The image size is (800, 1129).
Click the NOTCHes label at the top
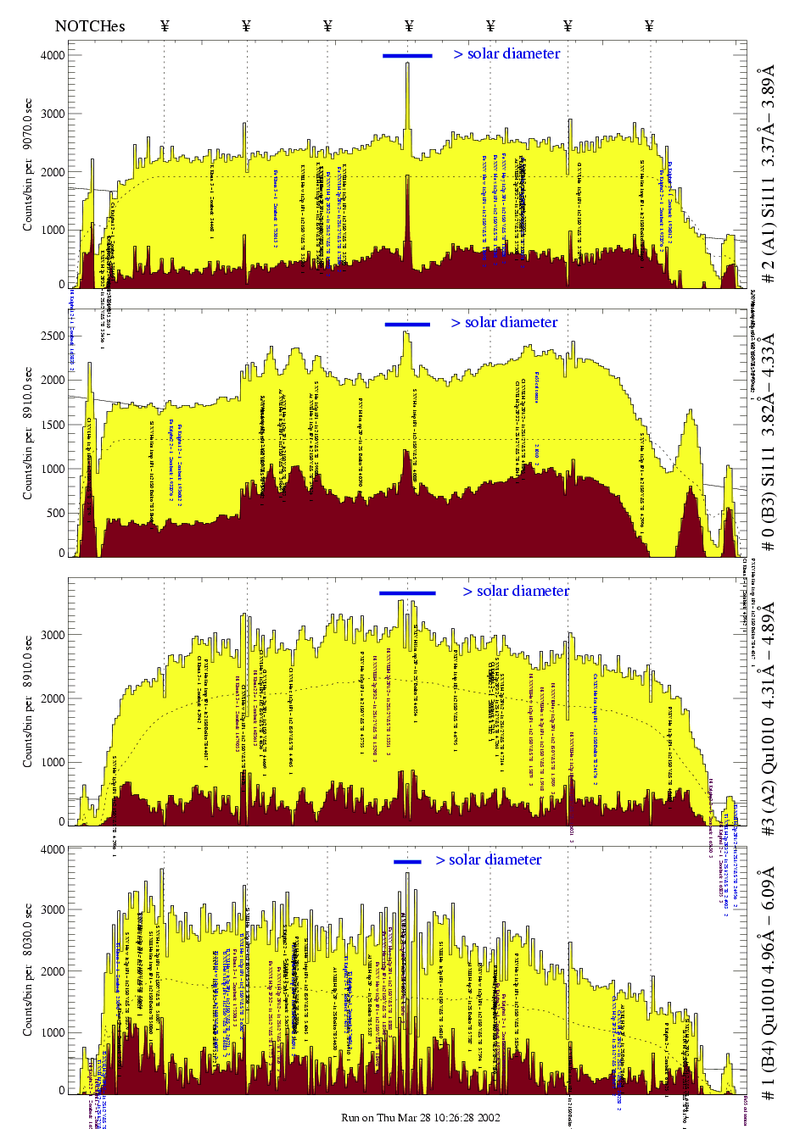pyautogui.click(x=90, y=26)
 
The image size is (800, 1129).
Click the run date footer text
pyautogui.click(x=420, y=1117)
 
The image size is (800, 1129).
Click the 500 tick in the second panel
pyautogui.click(x=56, y=513)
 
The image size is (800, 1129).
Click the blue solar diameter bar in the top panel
pyautogui.click(x=407, y=56)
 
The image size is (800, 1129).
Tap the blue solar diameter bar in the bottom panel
pyautogui.click(x=407, y=862)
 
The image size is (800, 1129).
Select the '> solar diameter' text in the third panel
pyautogui.click(x=516, y=591)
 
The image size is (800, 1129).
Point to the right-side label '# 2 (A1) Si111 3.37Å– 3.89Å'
pyautogui.click(x=768, y=174)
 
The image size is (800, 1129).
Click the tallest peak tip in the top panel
pyautogui.click(x=407, y=64)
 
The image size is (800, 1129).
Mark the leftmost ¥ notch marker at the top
pyautogui.click(x=165, y=26)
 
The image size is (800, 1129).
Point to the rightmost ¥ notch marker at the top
pyautogui.click(x=649, y=26)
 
